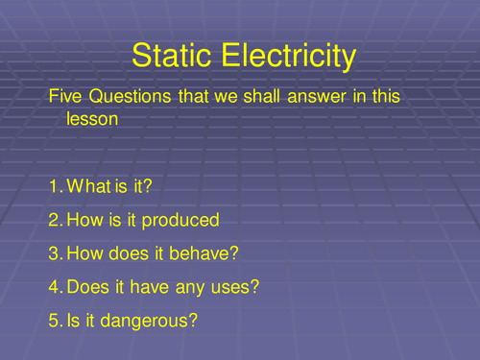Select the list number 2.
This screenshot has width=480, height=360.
[x=54, y=221]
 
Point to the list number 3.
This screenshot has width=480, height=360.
[x=54, y=253]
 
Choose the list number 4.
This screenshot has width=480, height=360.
[x=54, y=286]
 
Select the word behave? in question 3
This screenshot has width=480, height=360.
[x=201, y=253]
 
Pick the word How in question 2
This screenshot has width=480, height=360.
[x=84, y=221]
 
